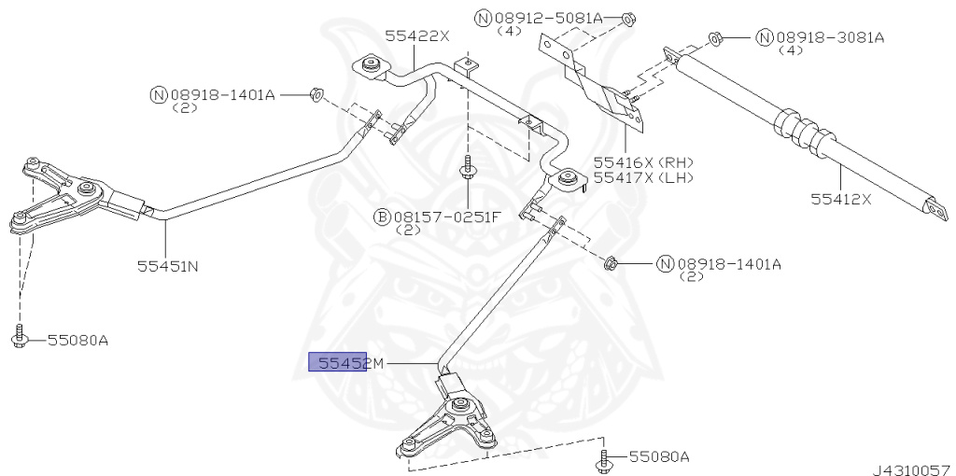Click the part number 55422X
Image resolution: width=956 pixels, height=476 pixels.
click(x=417, y=36)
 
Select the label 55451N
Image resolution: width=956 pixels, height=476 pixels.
click(x=168, y=266)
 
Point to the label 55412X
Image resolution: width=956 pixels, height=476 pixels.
click(x=841, y=199)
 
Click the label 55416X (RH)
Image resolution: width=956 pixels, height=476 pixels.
click(x=644, y=162)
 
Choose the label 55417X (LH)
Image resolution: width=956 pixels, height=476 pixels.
click(x=644, y=177)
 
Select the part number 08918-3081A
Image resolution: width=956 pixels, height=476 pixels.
click(x=830, y=37)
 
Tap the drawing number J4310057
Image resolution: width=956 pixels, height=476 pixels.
click(x=913, y=469)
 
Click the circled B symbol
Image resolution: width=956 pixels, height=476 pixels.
click(x=382, y=217)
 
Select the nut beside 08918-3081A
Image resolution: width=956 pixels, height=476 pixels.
click(x=715, y=39)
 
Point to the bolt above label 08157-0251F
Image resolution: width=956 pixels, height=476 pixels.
click(x=467, y=168)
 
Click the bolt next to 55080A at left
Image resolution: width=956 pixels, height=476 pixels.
click(x=19, y=338)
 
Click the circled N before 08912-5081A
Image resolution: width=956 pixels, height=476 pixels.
click(x=483, y=19)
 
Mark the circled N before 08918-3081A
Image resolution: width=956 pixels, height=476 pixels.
click(x=765, y=37)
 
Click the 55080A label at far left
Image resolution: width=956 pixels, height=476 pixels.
click(x=77, y=340)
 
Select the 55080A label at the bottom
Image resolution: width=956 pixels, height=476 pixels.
click(x=659, y=456)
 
